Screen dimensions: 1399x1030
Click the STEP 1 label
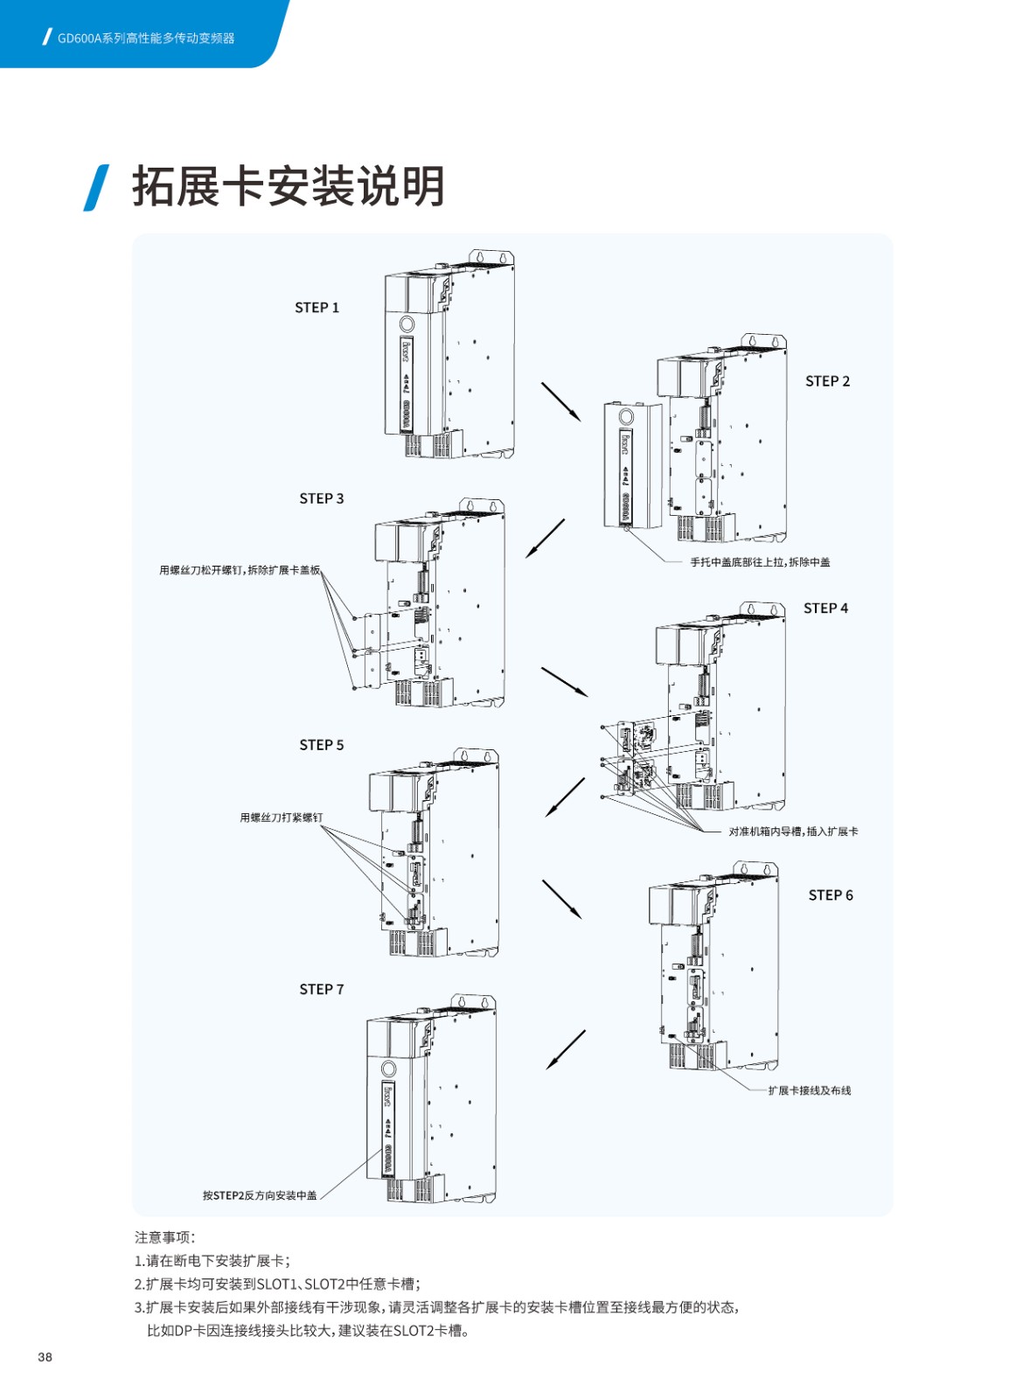[x=317, y=308]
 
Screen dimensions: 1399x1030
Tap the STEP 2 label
[x=827, y=381]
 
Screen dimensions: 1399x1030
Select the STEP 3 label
[x=321, y=498]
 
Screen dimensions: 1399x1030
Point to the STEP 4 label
[x=825, y=609]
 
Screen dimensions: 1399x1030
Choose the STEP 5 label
[x=321, y=745]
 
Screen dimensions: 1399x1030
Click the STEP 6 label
[x=830, y=895]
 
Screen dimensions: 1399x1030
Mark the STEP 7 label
[x=321, y=990]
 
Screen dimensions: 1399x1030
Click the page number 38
[x=45, y=1357]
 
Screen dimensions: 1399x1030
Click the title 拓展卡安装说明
[x=289, y=186]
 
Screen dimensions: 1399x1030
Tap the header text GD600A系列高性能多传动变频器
[x=146, y=38]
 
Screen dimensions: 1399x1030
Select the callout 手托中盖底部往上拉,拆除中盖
[x=760, y=562]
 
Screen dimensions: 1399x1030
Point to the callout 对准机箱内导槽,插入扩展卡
[x=793, y=832]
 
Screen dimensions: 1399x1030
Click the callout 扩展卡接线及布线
[x=809, y=1090]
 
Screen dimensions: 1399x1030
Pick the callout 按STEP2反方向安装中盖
[x=260, y=1195]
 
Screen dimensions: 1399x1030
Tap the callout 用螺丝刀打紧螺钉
[x=281, y=818]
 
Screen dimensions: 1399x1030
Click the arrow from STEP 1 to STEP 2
[x=560, y=401]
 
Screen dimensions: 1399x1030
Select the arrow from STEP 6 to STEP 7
[x=566, y=1049]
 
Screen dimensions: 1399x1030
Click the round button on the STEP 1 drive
[x=407, y=324]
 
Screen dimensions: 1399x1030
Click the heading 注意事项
[x=165, y=1237]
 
